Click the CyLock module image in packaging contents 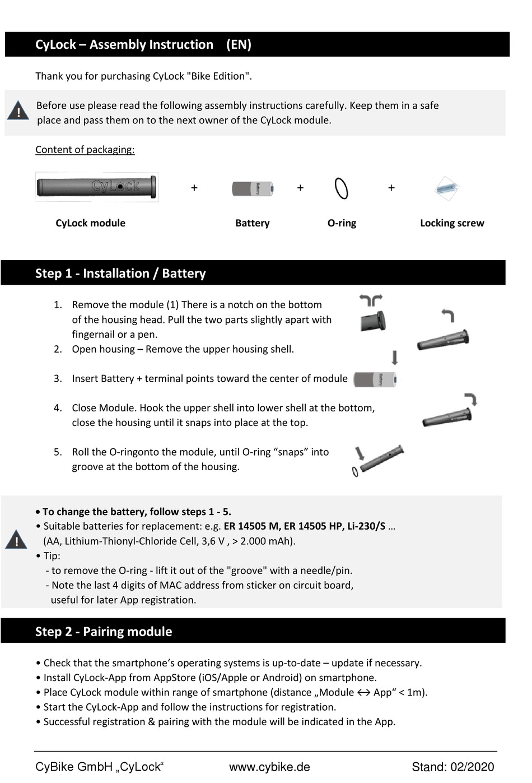point(96,187)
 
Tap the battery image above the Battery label point(253,188)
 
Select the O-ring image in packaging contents point(341,188)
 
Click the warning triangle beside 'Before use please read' point(18,111)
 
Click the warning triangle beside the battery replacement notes point(16,540)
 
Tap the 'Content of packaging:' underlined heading point(85,150)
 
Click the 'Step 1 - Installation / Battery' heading point(120,274)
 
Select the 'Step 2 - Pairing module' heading point(104,632)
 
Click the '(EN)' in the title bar point(239,45)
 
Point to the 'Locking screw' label point(451,223)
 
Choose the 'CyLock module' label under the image point(90,223)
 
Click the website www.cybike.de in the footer point(269,767)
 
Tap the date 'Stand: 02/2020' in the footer point(452,767)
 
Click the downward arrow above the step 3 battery point(395,358)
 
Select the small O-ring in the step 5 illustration point(355,472)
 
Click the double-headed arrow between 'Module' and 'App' point(363,693)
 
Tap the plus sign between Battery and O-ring point(300,188)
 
